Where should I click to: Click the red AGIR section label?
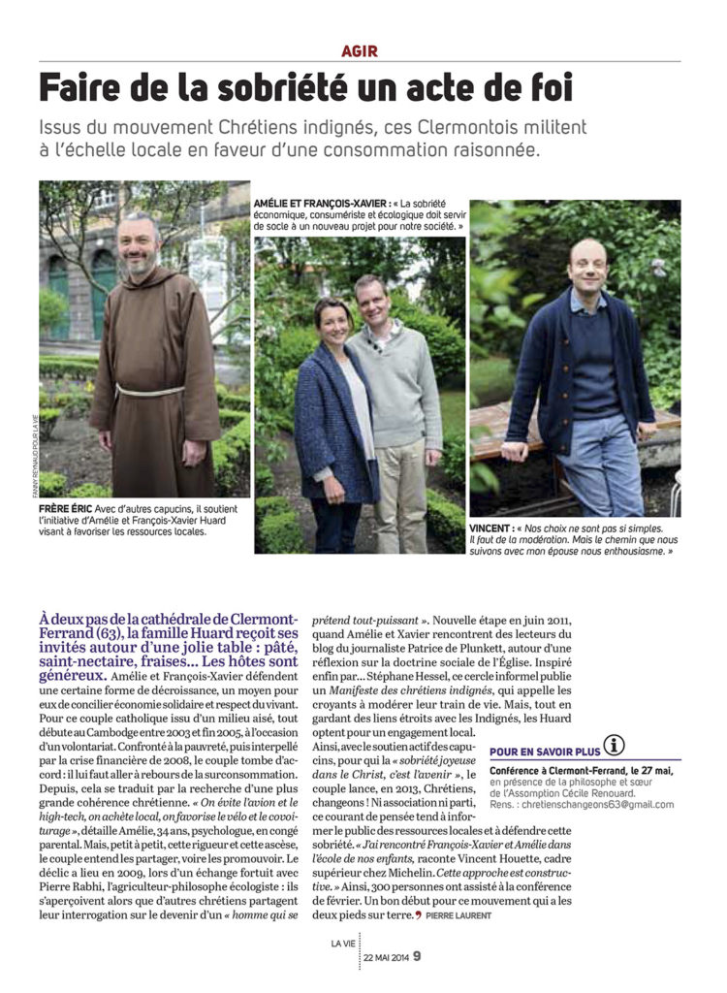click(360, 50)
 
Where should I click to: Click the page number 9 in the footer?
click(417, 956)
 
